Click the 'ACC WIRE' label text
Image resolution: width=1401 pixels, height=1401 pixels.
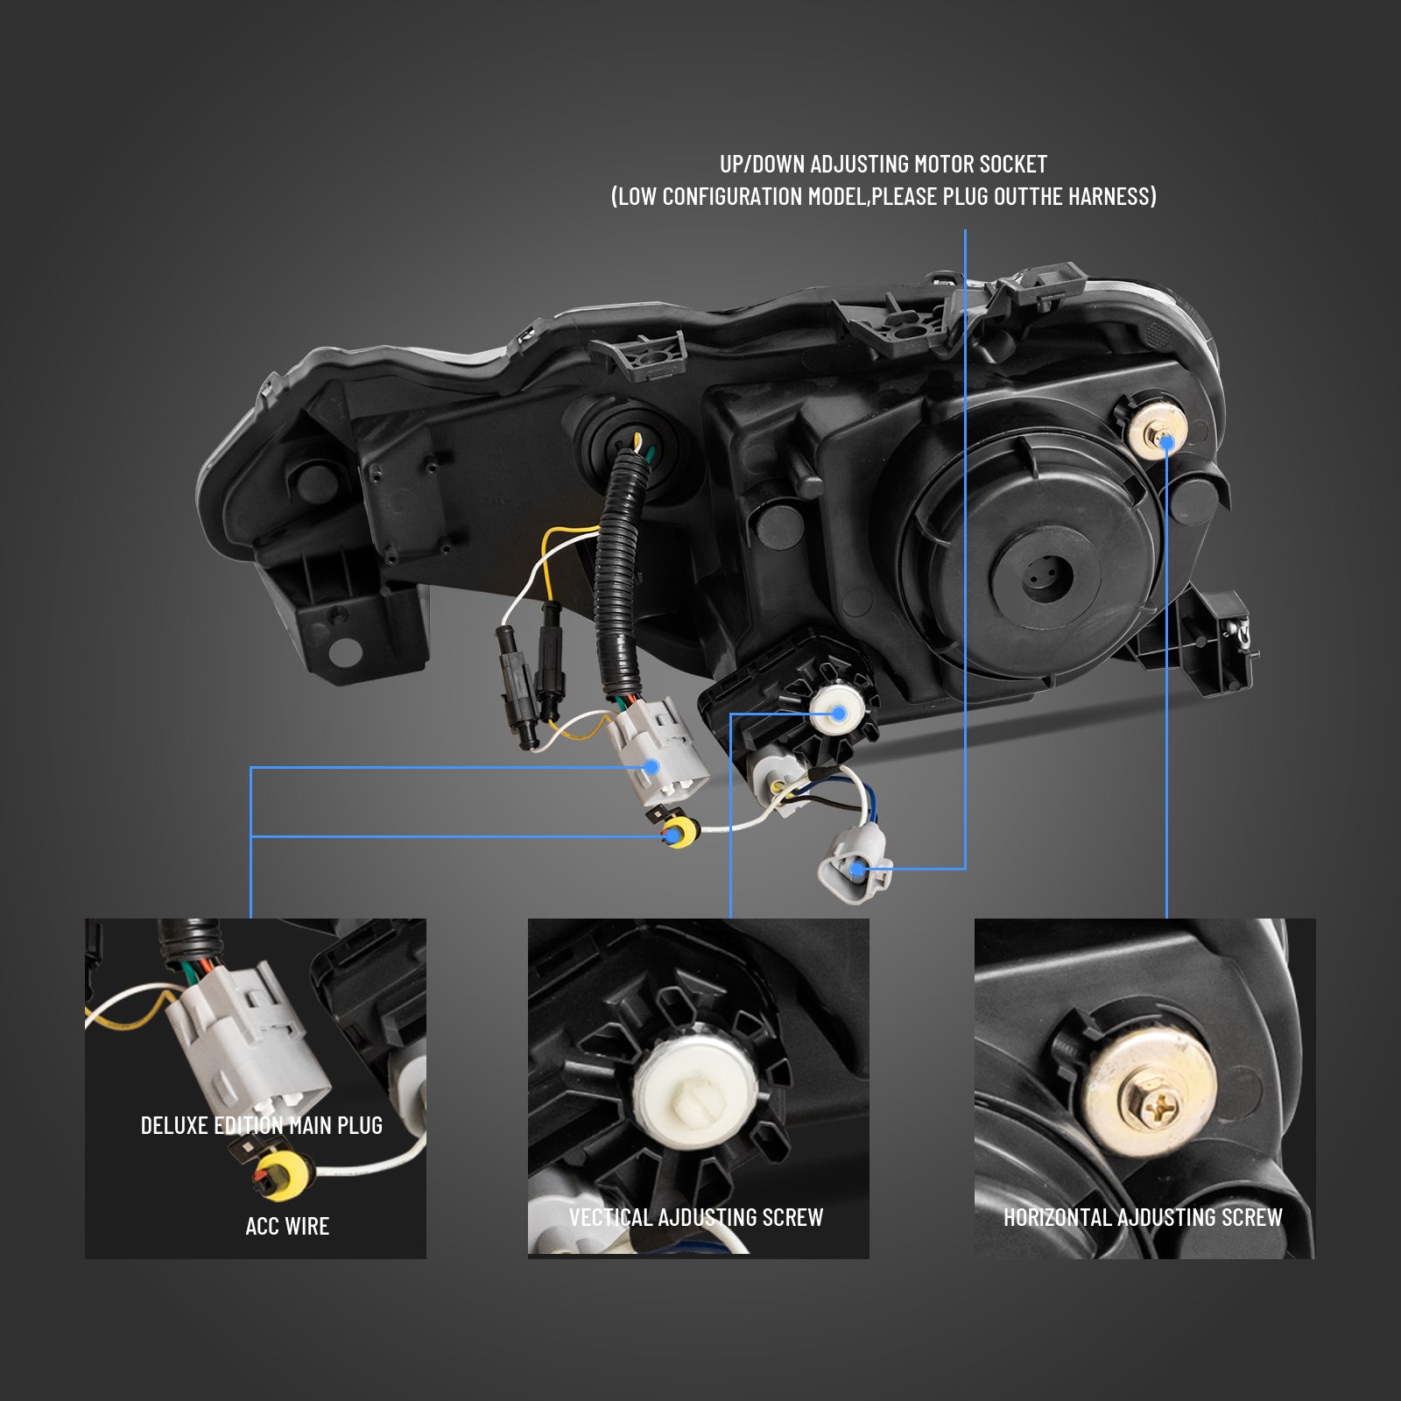287,1226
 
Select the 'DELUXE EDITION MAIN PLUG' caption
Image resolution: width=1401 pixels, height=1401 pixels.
262,1125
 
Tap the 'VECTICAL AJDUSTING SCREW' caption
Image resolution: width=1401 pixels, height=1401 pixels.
696,1217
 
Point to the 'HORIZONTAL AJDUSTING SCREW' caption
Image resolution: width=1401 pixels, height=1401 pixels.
1143,1217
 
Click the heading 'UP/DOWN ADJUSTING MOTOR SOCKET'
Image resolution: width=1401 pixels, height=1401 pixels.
884,164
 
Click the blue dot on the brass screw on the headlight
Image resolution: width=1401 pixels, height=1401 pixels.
1166,443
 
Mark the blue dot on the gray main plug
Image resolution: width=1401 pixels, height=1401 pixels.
651,767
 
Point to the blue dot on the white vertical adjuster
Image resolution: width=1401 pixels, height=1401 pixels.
839,714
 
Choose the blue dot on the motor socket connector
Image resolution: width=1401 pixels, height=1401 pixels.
860,869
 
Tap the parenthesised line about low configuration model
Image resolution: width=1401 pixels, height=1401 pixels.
884,196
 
